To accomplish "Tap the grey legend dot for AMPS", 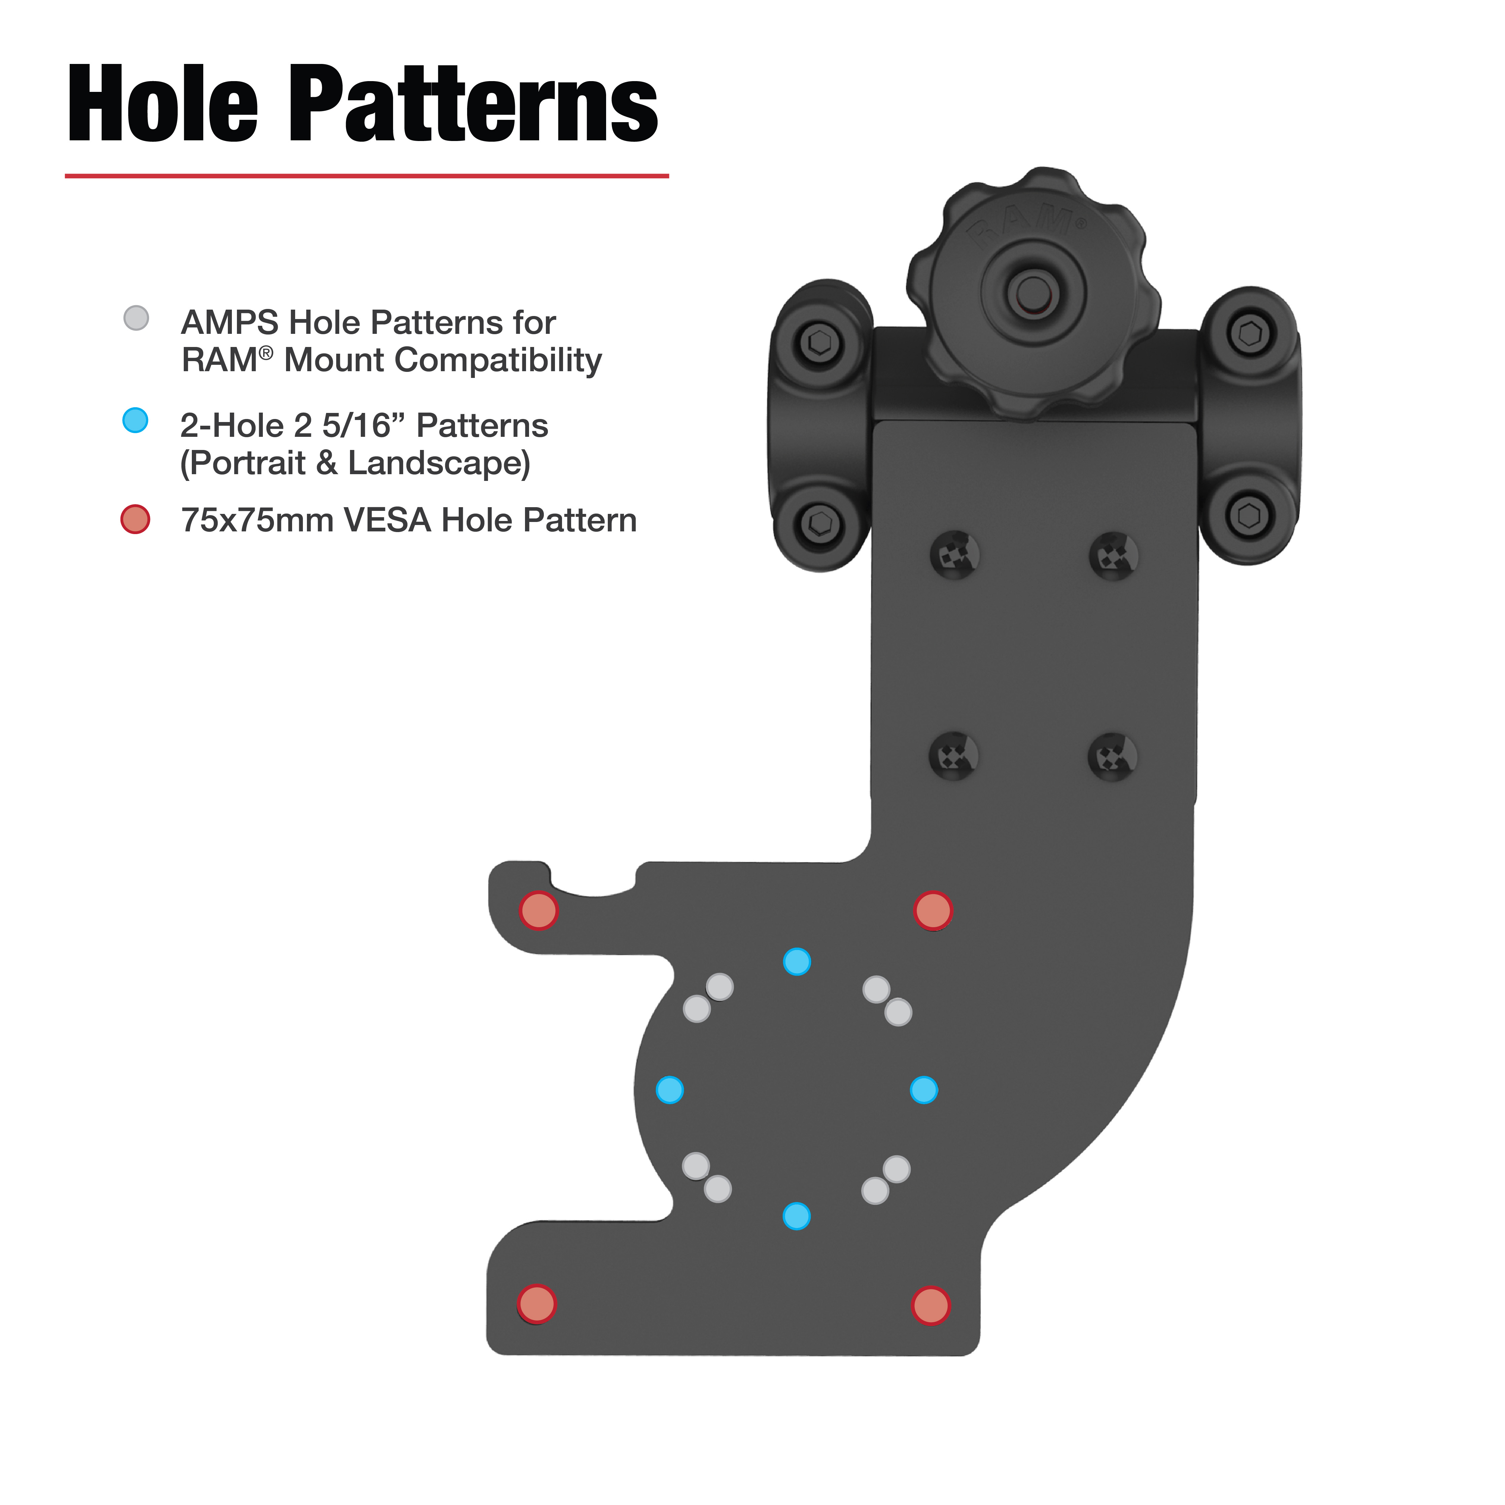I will tap(136, 318).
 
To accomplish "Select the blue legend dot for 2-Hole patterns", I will tap(136, 421).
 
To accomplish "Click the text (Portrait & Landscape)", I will tap(355, 463).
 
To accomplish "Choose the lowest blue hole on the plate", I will tap(796, 1216).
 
